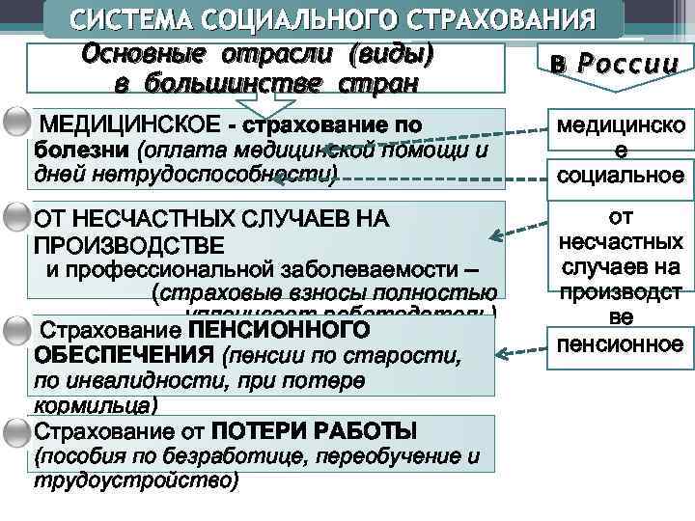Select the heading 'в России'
[x=609, y=66]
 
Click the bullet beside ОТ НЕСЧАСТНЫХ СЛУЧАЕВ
[x=15, y=219]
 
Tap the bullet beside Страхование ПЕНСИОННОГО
[x=15, y=331]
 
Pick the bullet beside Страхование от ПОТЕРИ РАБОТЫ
[x=15, y=429]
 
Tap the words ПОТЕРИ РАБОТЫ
[x=315, y=429]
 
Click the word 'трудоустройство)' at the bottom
[x=135, y=480]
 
